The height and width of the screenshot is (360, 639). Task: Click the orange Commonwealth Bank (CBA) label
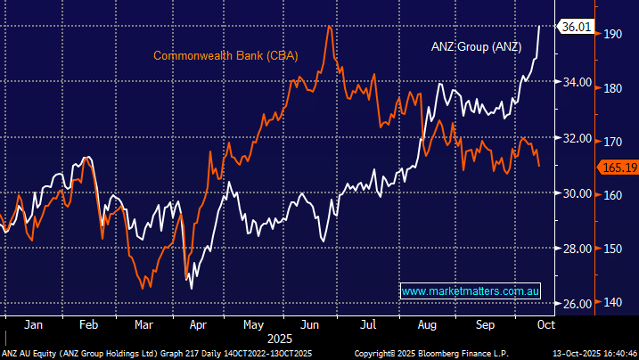tap(225, 55)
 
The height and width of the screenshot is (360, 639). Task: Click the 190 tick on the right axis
tap(611, 34)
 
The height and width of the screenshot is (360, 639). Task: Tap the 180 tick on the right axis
tap(611, 88)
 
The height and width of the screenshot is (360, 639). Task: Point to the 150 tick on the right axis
tap(611, 250)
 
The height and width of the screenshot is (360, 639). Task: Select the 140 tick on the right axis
tap(611, 304)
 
